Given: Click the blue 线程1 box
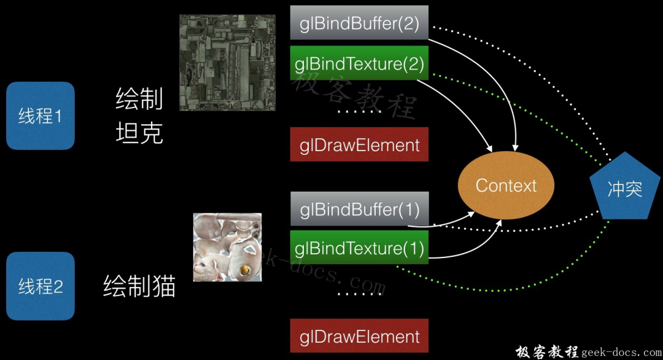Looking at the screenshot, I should pos(40,115).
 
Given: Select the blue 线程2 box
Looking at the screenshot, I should pos(40,286).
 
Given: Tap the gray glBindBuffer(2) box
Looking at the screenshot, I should pos(359,23).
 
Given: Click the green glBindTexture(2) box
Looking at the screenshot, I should pos(359,63).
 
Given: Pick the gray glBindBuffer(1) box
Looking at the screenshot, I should pos(359,209).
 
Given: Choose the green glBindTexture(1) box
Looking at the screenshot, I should pos(359,249).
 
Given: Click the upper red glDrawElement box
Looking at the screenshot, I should pos(359,145).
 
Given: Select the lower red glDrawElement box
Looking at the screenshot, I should pos(359,337).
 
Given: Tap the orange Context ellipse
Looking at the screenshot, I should pos(506,186).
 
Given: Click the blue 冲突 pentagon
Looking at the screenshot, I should pos(624,188).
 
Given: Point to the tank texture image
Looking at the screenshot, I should pos(227,63).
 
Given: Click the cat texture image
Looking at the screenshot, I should pos(227,247).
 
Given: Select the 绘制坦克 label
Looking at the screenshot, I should pos(139,115).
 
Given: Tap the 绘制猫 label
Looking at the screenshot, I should pos(139,286).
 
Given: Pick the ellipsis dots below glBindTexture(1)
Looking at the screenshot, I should pos(359,293).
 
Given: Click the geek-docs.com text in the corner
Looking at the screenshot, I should pos(621,352).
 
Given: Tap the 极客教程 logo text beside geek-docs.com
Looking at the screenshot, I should pos(546,352).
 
